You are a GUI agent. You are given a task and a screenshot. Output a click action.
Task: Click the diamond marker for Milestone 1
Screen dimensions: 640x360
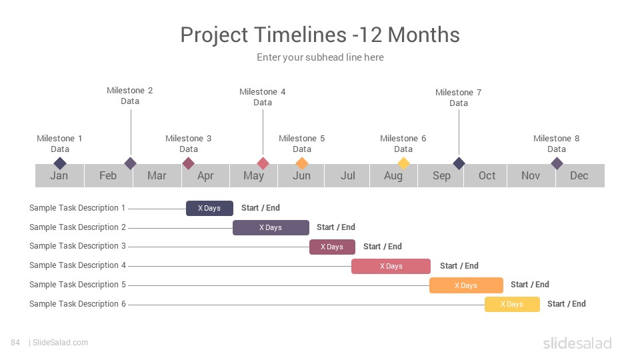(x=60, y=164)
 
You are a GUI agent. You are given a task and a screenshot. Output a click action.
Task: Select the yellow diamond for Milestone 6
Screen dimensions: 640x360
(x=403, y=164)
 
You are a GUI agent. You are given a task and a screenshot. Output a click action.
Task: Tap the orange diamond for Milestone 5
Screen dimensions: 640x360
(x=301, y=164)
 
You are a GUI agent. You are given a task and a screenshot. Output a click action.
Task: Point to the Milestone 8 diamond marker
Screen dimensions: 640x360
(x=557, y=164)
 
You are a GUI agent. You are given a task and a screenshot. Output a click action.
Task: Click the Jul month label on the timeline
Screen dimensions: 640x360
(x=348, y=175)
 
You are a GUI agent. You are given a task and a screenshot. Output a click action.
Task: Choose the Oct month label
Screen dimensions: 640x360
(x=487, y=175)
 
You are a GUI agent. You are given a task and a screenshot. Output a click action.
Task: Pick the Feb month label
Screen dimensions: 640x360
(x=108, y=175)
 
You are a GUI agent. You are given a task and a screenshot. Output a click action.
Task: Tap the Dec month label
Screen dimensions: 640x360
(x=579, y=175)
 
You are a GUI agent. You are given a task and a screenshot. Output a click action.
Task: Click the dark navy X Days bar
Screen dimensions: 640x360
(x=209, y=208)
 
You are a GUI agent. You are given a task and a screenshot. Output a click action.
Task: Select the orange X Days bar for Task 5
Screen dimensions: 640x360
(x=466, y=285)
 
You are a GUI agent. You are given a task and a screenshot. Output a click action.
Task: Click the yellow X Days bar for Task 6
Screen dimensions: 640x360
(x=512, y=305)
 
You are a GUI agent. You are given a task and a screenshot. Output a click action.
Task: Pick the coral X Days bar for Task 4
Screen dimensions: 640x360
(x=391, y=266)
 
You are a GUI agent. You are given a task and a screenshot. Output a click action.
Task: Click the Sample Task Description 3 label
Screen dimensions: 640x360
(x=77, y=246)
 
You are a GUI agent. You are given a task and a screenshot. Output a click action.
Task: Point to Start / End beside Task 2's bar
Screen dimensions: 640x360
(x=336, y=227)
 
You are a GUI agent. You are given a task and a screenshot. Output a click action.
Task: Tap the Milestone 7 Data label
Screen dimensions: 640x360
(x=459, y=98)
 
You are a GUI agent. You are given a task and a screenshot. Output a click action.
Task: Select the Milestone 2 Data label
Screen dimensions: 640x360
(x=130, y=96)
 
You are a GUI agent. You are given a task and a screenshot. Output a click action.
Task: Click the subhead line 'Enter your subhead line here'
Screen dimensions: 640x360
(x=320, y=57)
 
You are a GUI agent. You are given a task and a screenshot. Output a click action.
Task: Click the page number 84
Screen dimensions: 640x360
(x=15, y=343)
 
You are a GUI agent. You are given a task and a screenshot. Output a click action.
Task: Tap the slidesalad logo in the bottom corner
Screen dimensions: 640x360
(x=577, y=343)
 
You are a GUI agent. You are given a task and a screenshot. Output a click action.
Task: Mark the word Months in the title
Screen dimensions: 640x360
(x=424, y=35)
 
